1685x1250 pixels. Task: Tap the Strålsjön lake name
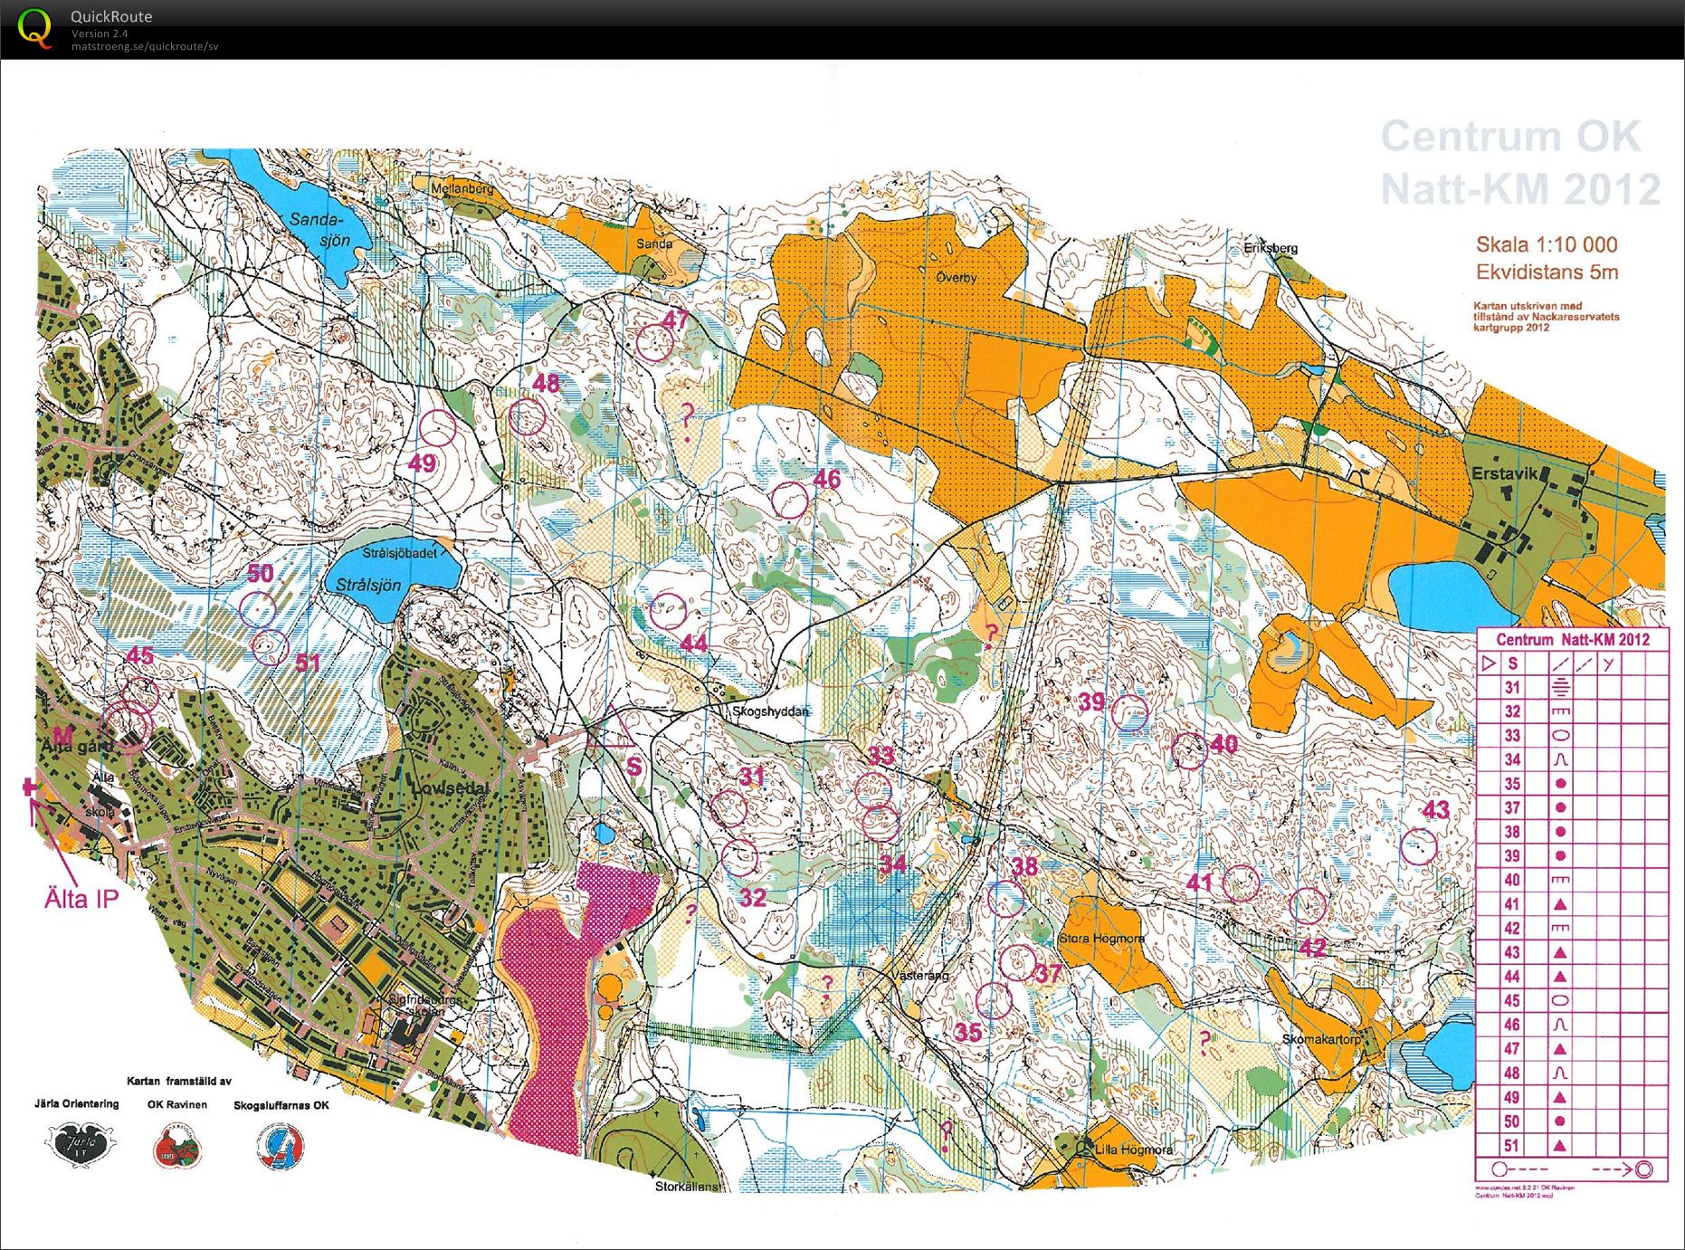(x=368, y=585)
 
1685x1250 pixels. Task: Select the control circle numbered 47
(x=653, y=342)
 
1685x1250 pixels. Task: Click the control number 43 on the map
(x=1436, y=810)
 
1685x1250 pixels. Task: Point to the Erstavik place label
(x=1504, y=473)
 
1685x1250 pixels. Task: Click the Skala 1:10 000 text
(x=1547, y=244)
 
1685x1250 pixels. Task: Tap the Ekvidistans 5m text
(x=1547, y=272)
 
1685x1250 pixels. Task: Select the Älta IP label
(x=81, y=899)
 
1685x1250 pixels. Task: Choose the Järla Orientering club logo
(x=81, y=1143)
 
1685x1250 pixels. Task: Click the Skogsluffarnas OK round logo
(x=281, y=1145)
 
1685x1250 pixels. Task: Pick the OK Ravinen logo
(x=177, y=1145)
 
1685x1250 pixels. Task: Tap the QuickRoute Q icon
(x=34, y=27)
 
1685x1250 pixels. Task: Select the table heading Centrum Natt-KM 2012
(x=1572, y=640)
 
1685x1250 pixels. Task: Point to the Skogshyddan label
(x=770, y=711)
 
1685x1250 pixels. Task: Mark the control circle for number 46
(x=789, y=500)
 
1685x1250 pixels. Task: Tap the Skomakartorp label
(x=1320, y=1039)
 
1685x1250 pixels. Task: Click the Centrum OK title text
(x=1509, y=138)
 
